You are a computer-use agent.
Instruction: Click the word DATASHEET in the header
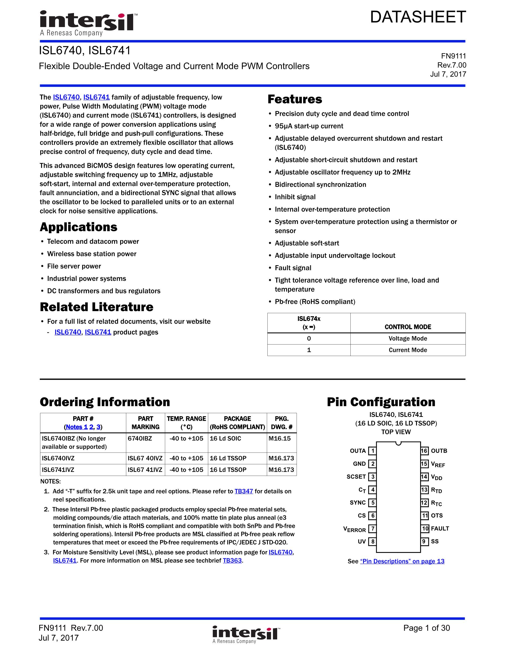click(418, 17)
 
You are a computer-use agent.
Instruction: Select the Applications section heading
click(79, 227)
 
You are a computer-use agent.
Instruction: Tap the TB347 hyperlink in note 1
click(243, 491)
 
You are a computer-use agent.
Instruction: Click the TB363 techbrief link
click(232, 561)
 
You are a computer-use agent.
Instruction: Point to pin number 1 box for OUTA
click(372, 451)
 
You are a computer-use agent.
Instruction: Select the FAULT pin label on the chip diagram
click(440, 529)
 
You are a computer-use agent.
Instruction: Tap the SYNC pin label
click(358, 503)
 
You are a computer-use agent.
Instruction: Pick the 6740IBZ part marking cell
click(140, 439)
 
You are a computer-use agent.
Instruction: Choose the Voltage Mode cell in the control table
click(407, 338)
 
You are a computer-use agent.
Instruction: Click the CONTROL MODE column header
click(407, 327)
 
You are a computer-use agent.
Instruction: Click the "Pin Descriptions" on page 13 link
click(402, 561)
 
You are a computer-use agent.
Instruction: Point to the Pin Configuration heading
click(381, 402)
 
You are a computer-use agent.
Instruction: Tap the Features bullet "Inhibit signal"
click(295, 197)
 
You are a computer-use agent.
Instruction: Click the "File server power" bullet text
click(74, 266)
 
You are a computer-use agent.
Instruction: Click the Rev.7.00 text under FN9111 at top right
click(451, 65)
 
